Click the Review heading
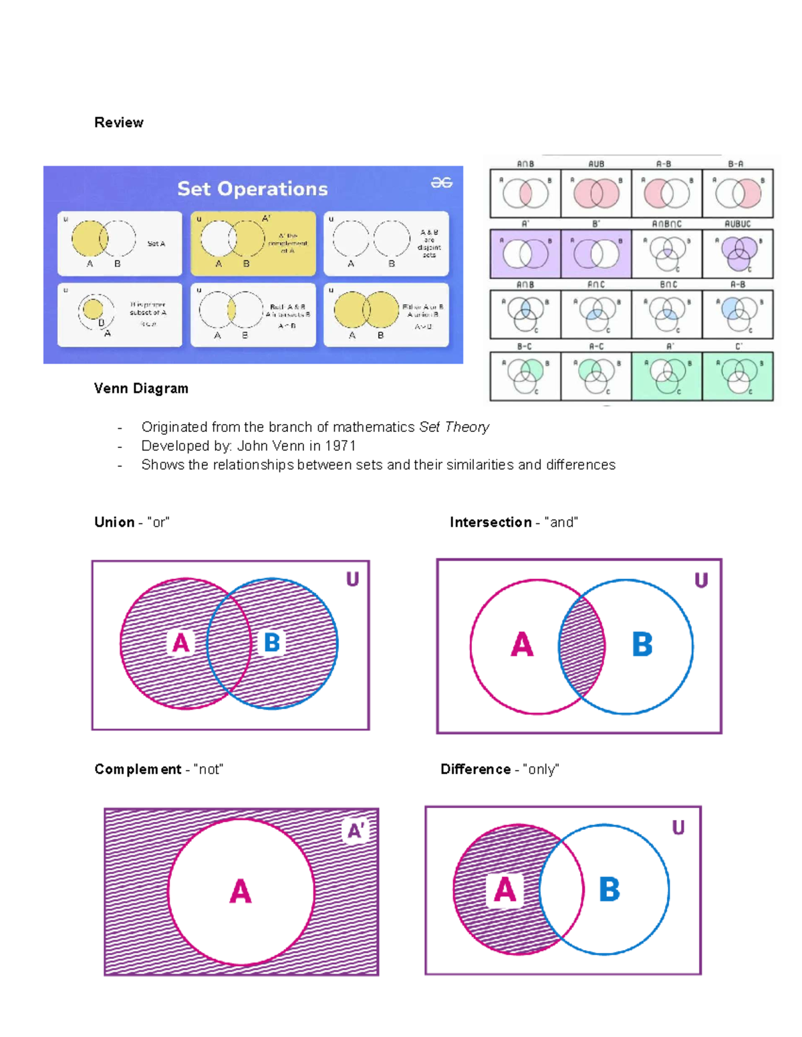coord(119,123)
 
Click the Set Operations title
coord(252,189)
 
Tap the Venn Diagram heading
coord(141,389)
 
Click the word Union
coord(114,523)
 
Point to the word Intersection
coord(491,523)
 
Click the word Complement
coord(138,770)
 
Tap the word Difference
coord(475,770)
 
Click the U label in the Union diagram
coord(352,580)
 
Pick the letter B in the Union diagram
coord(271,643)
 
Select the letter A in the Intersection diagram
coord(522,645)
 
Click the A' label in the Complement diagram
coord(355,831)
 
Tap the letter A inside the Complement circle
coord(241,892)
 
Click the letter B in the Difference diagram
coord(609,890)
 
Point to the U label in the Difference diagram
coord(678,829)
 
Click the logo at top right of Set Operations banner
coord(441,183)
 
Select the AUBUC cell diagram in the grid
coord(738,254)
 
